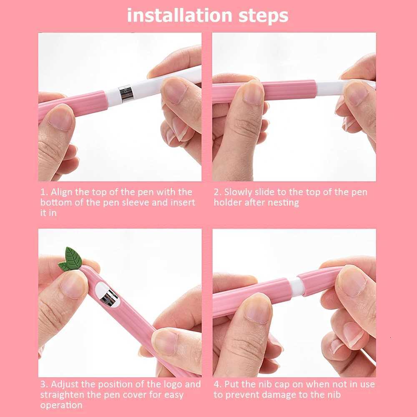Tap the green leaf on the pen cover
(x=71, y=259)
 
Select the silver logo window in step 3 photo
(x=109, y=296)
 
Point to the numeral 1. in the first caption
(x=44, y=192)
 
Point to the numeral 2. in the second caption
(x=218, y=192)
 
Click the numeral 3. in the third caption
(x=44, y=384)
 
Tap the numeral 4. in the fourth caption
(x=218, y=384)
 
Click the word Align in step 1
(x=62, y=192)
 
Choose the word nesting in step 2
(x=284, y=203)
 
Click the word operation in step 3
(x=61, y=405)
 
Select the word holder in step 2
(x=228, y=203)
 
